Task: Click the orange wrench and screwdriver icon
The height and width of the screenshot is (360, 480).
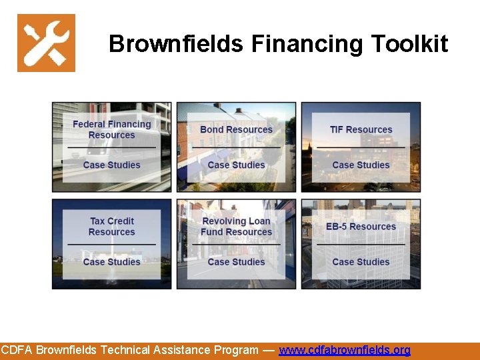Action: pyautogui.click(x=46, y=43)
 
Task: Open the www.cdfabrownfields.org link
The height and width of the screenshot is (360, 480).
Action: pyautogui.click(x=345, y=350)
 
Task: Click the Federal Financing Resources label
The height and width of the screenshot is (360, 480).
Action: pyautogui.click(x=111, y=129)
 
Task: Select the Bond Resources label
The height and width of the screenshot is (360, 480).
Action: pyautogui.click(x=236, y=129)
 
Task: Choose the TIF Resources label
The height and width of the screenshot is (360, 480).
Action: pyautogui.click(x=361, y=129)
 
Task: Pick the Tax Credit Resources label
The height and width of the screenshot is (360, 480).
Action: pyautogui.click(x=111, y=227)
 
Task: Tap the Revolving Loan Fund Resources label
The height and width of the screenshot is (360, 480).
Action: pyautogui.click(x=236, y=227)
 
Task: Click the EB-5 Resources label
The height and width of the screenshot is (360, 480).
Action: pyautogui.click(x=361, y=227)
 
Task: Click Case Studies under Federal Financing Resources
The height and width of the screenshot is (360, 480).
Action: pyautogui.click(x=111, y=165)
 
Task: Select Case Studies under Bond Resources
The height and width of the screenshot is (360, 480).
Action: pyautogui.click(x=236, y=165)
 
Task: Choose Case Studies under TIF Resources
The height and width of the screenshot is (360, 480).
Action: pyautogui.click(x=361, y=165)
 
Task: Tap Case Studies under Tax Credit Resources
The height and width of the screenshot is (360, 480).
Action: pyautogui.click(x=111, y=262)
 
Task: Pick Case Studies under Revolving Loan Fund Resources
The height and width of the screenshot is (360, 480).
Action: pyautogui.click(x=236, y=262)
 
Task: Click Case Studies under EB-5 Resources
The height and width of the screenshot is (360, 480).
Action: pyautogui.click(x=361, y=262)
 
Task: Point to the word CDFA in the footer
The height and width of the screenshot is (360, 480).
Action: pyautogui.click(x=17, y=350)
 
